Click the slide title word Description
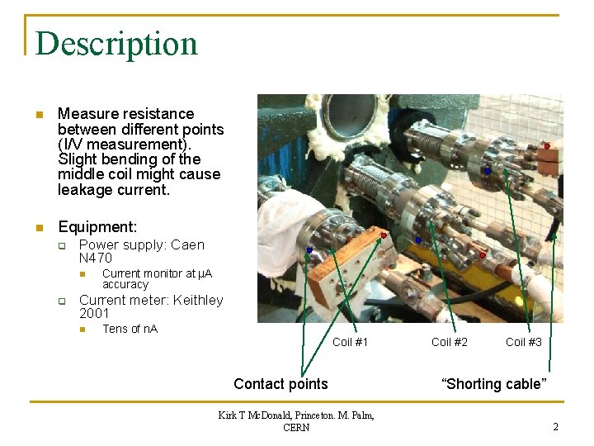[x=116, y=44]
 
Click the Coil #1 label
[x=350, y=342]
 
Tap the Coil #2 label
[x=449, y=342]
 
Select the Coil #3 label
[x=524, y=342]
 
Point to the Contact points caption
[x=280, y=383]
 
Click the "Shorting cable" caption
[x=494, y=383]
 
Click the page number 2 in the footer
[x=556, y=427]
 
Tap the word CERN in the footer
[x=296, y=427]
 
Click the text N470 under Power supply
[x=96, y=258]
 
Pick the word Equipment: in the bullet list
[x=97, y=226]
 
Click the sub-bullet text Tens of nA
[x=130, y=329]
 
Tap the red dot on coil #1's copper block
[x=383, y=235]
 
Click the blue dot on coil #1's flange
[x=309, y=249]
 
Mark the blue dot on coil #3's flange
[x=488, y=171]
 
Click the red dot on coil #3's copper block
[x=547, y=146]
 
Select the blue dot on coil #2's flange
[x=418, y=240]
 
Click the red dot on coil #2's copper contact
[x=483, y=255]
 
